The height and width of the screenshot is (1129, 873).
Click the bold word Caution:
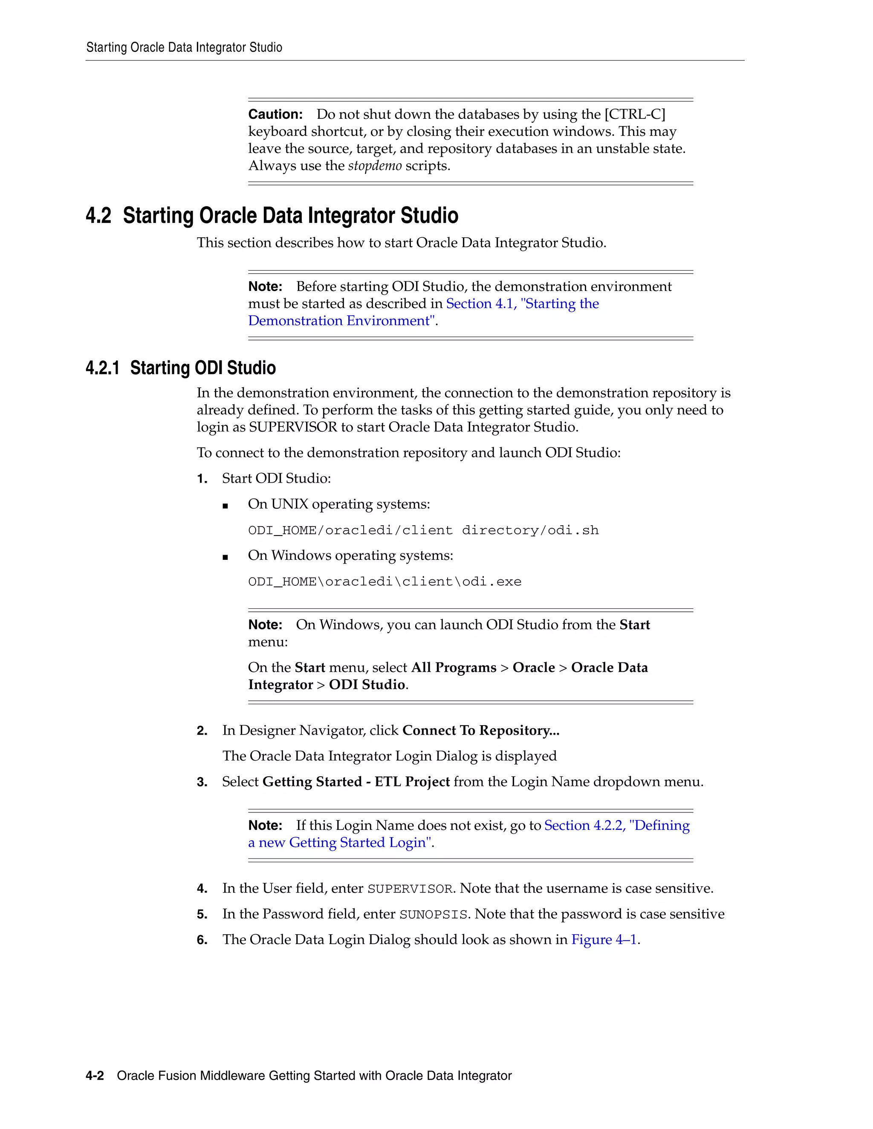tap(275, 114)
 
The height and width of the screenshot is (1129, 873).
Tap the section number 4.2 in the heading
tap(98, 216)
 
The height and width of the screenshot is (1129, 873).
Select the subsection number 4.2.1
tap(102, 368)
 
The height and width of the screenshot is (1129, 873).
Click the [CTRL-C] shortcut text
tap(635, 114)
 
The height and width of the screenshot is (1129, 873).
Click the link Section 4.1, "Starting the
tap(522, 304)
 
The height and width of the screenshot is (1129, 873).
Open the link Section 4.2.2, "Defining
tap(616, 826)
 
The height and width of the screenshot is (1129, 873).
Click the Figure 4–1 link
tap(604, 940)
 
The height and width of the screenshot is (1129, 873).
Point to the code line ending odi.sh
tap(423, 530)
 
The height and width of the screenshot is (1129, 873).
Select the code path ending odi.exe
tap(384, 582)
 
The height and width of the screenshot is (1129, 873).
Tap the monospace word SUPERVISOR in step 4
tap(410, 889)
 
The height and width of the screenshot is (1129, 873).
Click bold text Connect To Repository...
tap(480, 730)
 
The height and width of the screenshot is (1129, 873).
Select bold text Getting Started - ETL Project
tap(356, 782)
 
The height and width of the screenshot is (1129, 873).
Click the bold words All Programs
tap(453, 668)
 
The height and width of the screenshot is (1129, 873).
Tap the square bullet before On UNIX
tap(225, 506)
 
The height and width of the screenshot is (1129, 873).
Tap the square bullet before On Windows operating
tap(225, 557)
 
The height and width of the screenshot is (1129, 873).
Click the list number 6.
tap(202, 940)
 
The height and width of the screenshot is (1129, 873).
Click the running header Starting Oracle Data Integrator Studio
tap(184, 48)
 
